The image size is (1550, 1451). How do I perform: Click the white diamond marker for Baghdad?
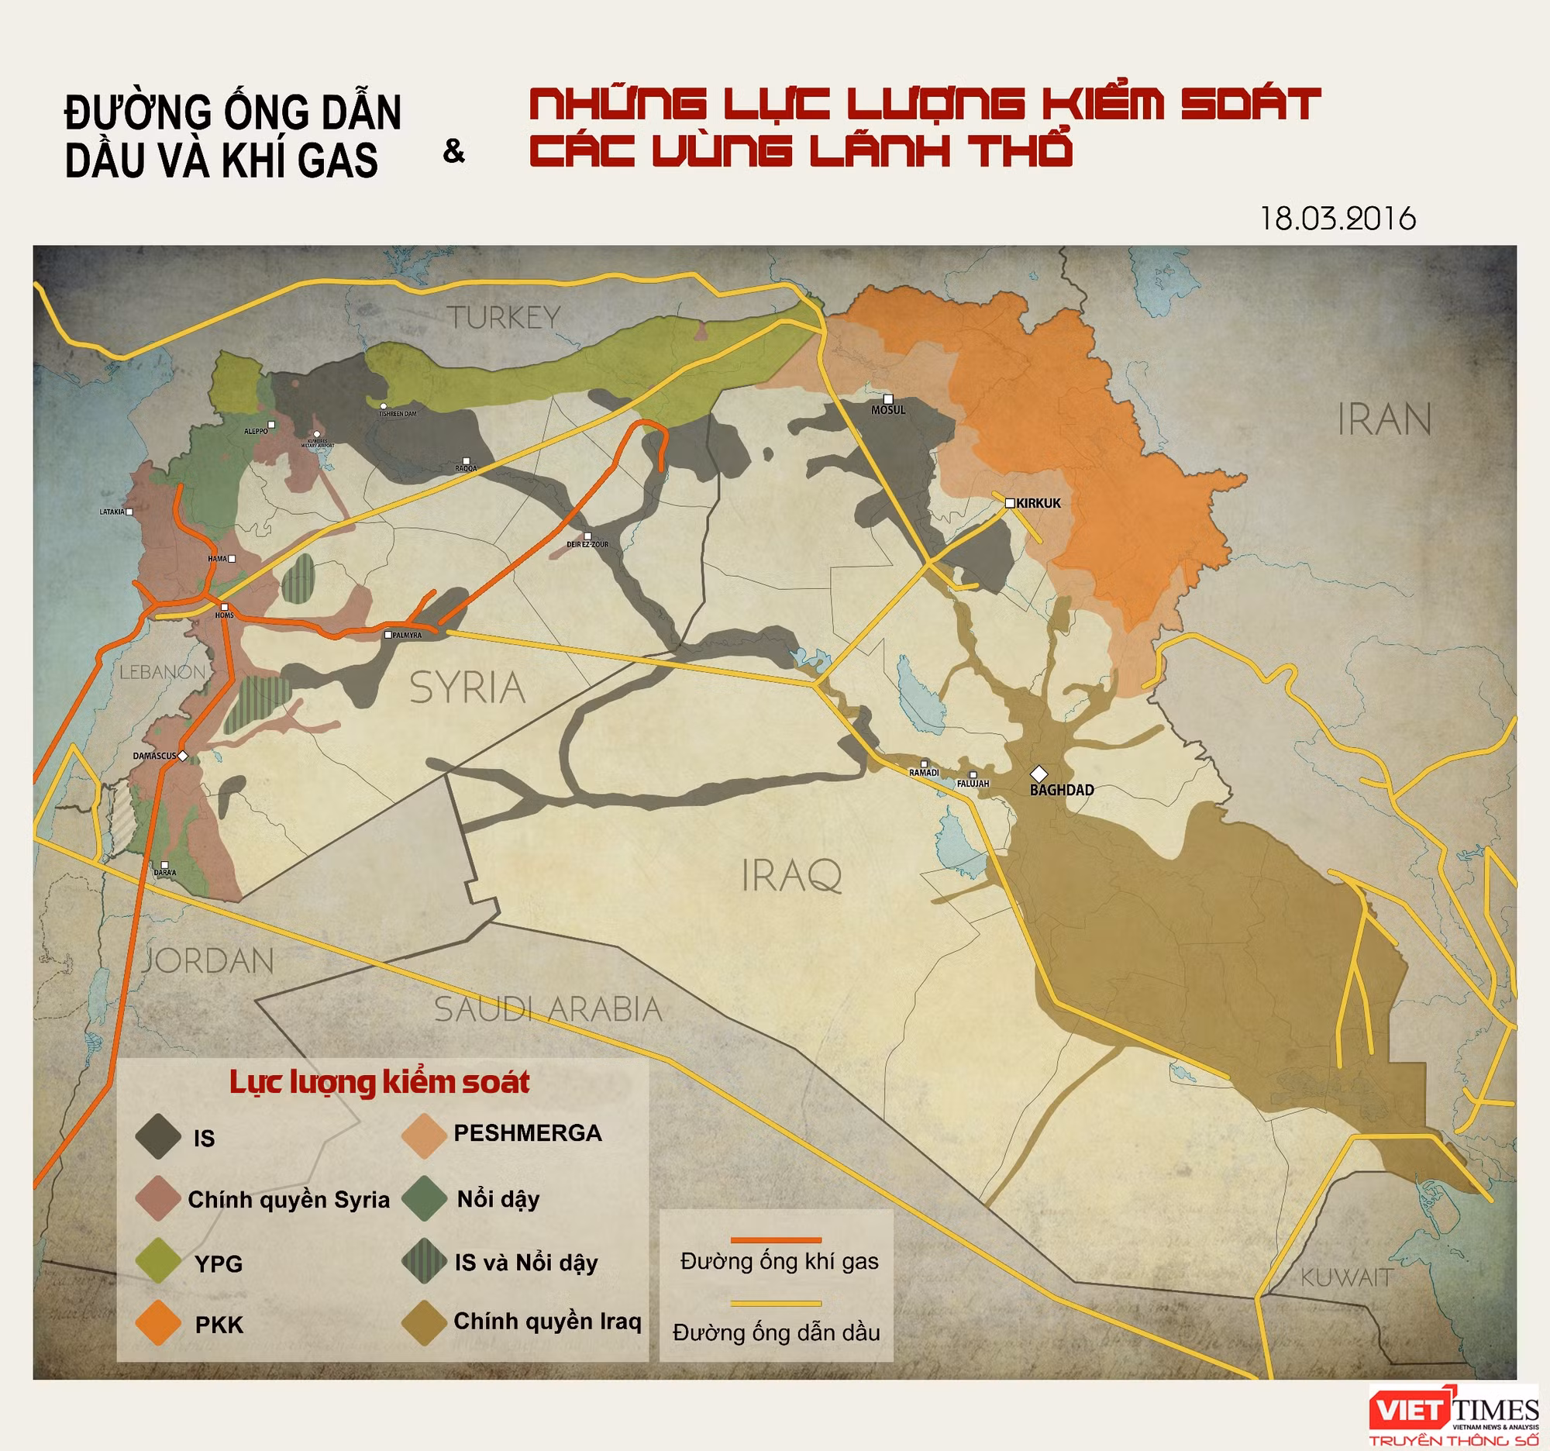pos(1038,774)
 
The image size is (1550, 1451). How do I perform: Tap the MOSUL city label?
pos(888,410)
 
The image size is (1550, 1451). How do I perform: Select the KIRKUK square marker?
pos(1010,503)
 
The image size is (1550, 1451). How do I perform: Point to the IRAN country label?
pos(1384,420)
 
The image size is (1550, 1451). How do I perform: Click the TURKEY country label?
pos(504,317)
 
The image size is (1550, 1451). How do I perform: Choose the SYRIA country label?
pos(467,688)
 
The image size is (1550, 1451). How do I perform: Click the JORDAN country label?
pos(208,961)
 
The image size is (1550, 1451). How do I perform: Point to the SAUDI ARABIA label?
pos(547,1010)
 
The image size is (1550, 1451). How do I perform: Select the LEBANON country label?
pos(162,672)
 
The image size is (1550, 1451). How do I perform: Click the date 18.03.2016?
pos(1337,219)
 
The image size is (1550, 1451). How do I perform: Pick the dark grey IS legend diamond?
pos(158,1137)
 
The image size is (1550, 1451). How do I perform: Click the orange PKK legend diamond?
pos(158,1323)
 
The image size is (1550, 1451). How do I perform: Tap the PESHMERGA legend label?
pos(527,1133)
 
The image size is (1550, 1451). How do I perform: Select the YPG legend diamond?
pos(158,1260)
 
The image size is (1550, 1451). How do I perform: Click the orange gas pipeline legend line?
pos(775,1239)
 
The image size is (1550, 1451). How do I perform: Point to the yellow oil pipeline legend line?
pos(775,1303)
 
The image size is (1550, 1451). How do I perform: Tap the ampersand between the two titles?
pos(453,151)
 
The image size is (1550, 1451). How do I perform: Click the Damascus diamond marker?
pos(182,756)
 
